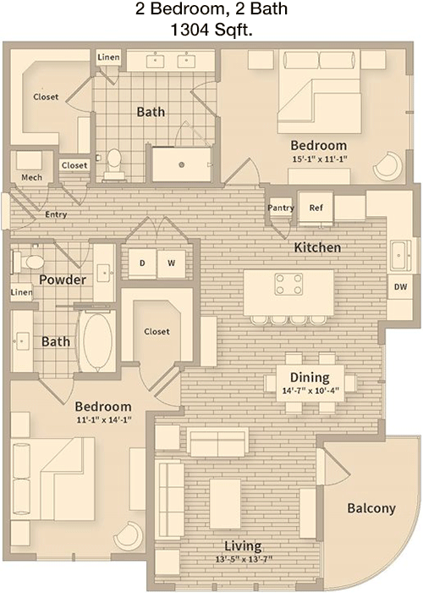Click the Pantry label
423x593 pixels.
point(281,208)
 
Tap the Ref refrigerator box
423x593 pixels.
point(316,208)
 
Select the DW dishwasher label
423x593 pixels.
point(401,287)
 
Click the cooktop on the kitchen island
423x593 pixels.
point(289,284)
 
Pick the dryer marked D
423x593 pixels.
point(142,263)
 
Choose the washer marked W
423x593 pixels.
point(171,263)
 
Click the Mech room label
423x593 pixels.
point(32,177)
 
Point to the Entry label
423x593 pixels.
point(56,215)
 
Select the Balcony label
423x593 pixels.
point(371,508)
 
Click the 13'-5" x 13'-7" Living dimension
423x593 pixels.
point(244,559)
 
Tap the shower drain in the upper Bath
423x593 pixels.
point(182,164)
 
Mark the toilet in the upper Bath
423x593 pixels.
point(113,164)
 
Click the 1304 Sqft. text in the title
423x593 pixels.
point(211,30)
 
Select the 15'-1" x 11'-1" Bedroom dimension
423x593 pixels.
point(320,159)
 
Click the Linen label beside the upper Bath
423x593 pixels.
point(109,58)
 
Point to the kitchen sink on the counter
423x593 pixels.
point(400,256)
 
